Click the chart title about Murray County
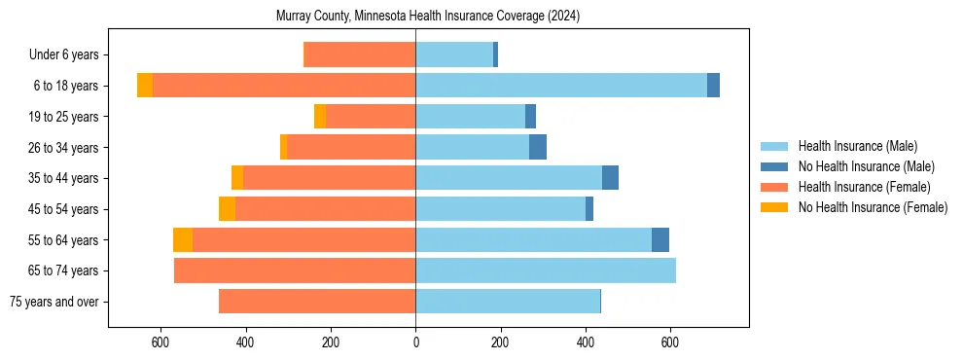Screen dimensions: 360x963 click(x=428, y=17)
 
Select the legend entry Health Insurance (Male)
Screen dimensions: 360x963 click(x=857, y=146)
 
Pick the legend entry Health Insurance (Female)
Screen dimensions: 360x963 click(x=864, y=187)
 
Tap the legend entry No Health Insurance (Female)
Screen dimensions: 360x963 click(x=872, y=207)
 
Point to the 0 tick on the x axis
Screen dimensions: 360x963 click(x=415, y=342)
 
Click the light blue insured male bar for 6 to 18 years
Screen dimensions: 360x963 click(x=561, y=86)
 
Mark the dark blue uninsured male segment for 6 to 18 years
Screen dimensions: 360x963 click(x=713, y=86)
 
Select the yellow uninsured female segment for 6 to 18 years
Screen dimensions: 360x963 click(x=145, y=86)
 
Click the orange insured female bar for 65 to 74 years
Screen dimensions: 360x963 click(x=295, y=270)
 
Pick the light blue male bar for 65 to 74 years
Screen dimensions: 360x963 click(x=546, y=270)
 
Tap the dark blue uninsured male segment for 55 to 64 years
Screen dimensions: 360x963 click(x=660, y=239)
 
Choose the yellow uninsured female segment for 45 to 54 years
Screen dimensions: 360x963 click(x=227, y=209)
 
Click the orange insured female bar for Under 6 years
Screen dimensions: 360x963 click(x=360, y=54)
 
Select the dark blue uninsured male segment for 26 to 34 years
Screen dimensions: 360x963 click(x=538, y=147)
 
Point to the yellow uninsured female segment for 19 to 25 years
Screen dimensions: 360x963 click(x=319, y=117)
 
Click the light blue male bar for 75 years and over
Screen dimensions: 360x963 click(x=508, y=302)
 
